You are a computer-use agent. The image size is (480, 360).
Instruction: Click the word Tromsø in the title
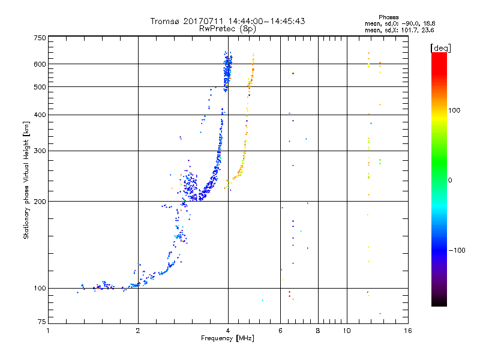point(164,21)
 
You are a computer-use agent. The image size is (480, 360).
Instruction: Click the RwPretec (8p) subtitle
point(227,29)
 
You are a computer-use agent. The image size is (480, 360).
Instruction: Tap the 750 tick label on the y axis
point(40,38)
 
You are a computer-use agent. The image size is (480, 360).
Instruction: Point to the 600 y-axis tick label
point(40,64)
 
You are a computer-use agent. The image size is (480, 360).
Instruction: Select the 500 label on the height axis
point(40,87)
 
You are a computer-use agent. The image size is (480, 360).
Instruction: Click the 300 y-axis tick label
point(40,151)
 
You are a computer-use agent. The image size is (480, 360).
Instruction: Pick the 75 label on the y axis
point(42,322)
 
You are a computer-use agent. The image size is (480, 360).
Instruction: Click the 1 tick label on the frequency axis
point(48,331)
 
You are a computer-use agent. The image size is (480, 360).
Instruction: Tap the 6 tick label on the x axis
point(280,331)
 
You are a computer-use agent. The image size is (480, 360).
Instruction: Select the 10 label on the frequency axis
point(347,331)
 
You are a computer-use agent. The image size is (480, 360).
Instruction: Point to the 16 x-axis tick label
point(408,331)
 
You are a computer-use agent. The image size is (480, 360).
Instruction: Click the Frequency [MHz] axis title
point(227,338)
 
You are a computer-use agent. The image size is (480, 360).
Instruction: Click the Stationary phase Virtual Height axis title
point(26,181)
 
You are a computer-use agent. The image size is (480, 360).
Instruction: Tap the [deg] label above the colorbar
point(440,48)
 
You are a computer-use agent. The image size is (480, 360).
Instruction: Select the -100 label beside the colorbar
point(457,250)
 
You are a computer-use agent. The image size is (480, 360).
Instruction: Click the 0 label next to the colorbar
point(450,181)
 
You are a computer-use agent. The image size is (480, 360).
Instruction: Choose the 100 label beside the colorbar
point(454,110)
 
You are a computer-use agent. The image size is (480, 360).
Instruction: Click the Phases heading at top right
point(388,17)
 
